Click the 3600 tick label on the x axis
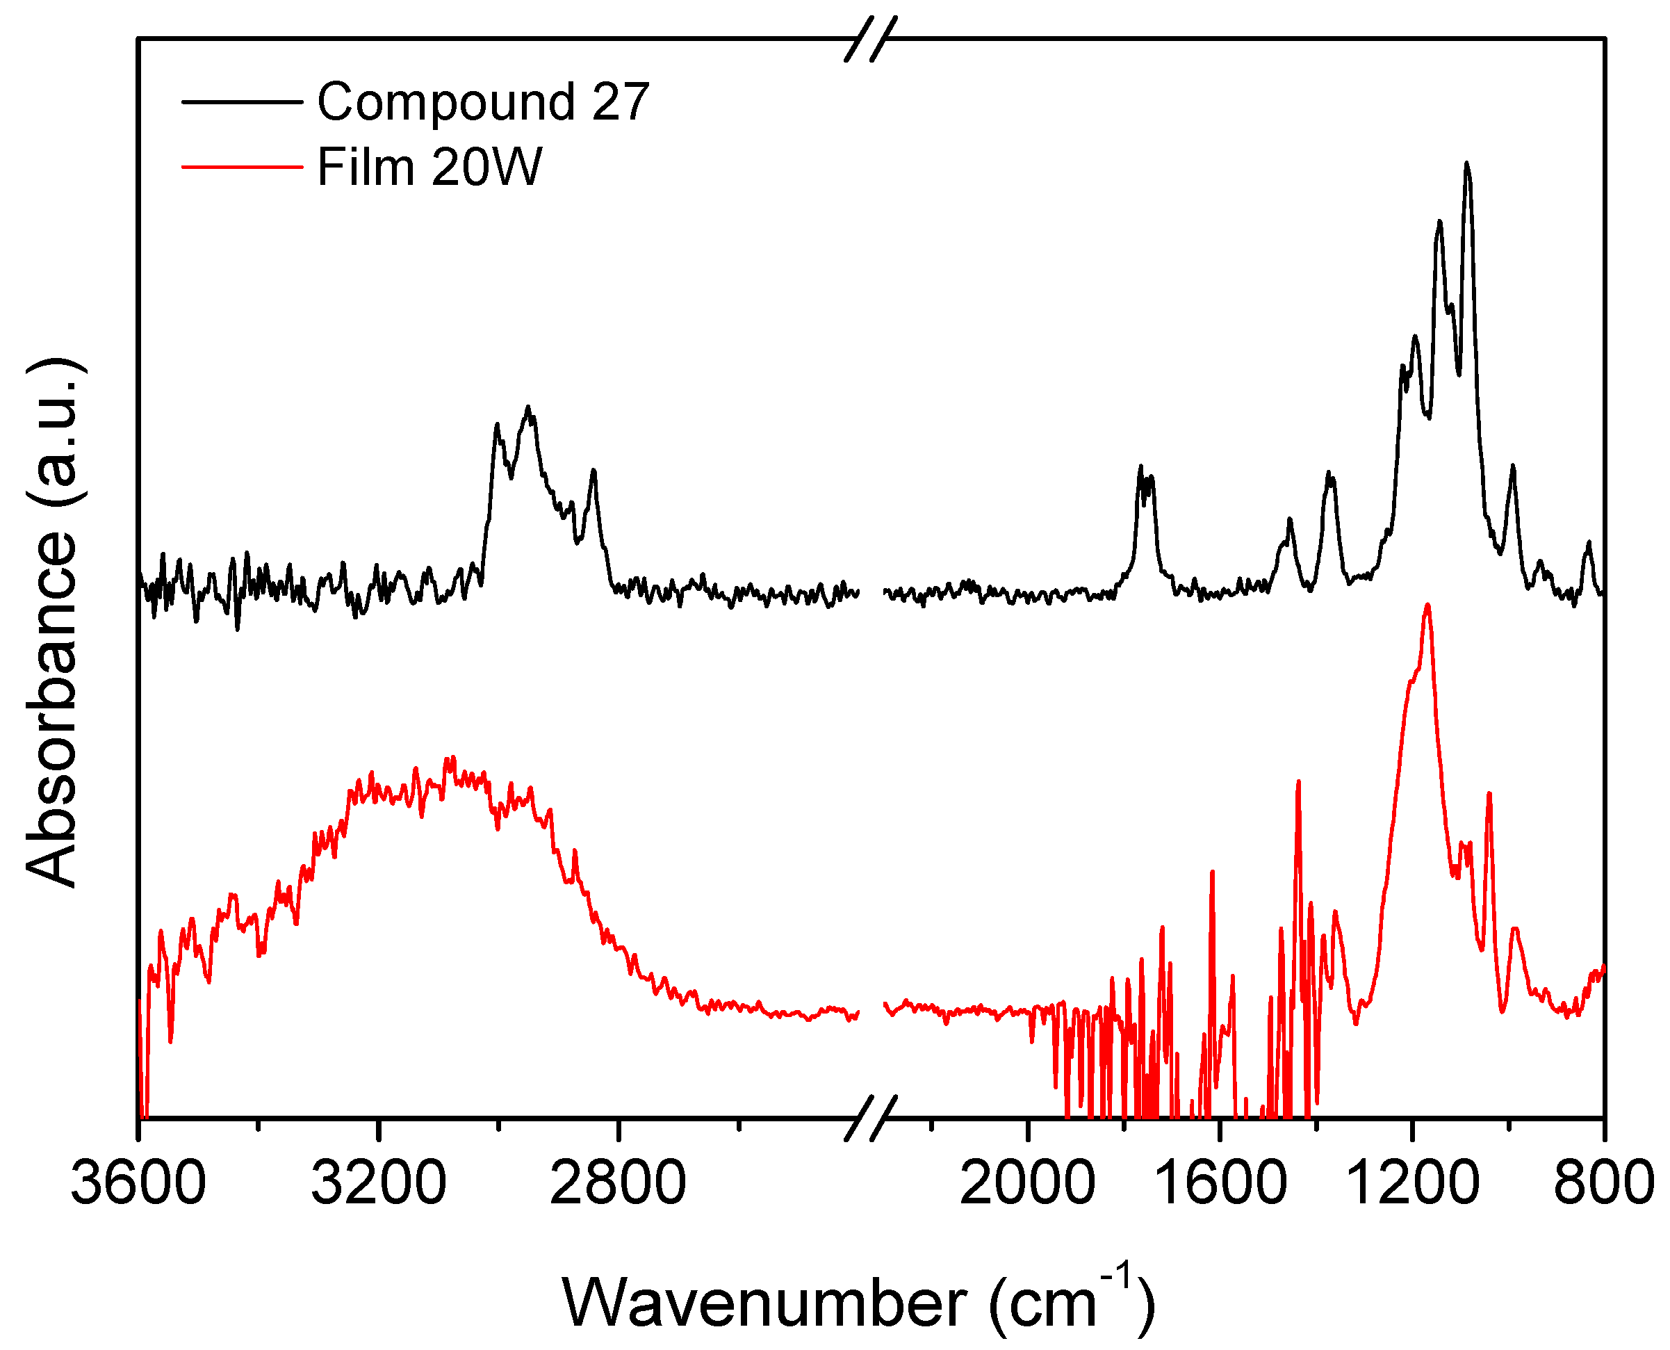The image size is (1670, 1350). tap(138, 1182)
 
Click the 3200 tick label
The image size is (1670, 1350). tap(378, 1182)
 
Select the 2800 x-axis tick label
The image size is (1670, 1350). tap(617, 1182)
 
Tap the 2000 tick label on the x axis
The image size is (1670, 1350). tap(1027, 1182)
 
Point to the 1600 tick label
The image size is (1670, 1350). tap(1219, 1182)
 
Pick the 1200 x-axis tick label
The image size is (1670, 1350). tap(1411, 1182)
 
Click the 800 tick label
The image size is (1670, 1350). tap(1603, 1182)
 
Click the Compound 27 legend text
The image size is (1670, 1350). tap(483, 102)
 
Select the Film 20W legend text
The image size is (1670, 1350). tap(429, 168)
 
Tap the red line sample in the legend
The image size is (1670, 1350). tap(242, 166)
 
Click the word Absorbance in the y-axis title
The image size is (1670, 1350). tap(53, 708)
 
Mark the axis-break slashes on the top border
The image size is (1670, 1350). tap(871, 39)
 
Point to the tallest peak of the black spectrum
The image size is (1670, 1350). tap(1466, 165)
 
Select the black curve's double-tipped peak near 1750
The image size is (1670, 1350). tap(1145, 473)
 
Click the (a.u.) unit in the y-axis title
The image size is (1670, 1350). tap(53, 432)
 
